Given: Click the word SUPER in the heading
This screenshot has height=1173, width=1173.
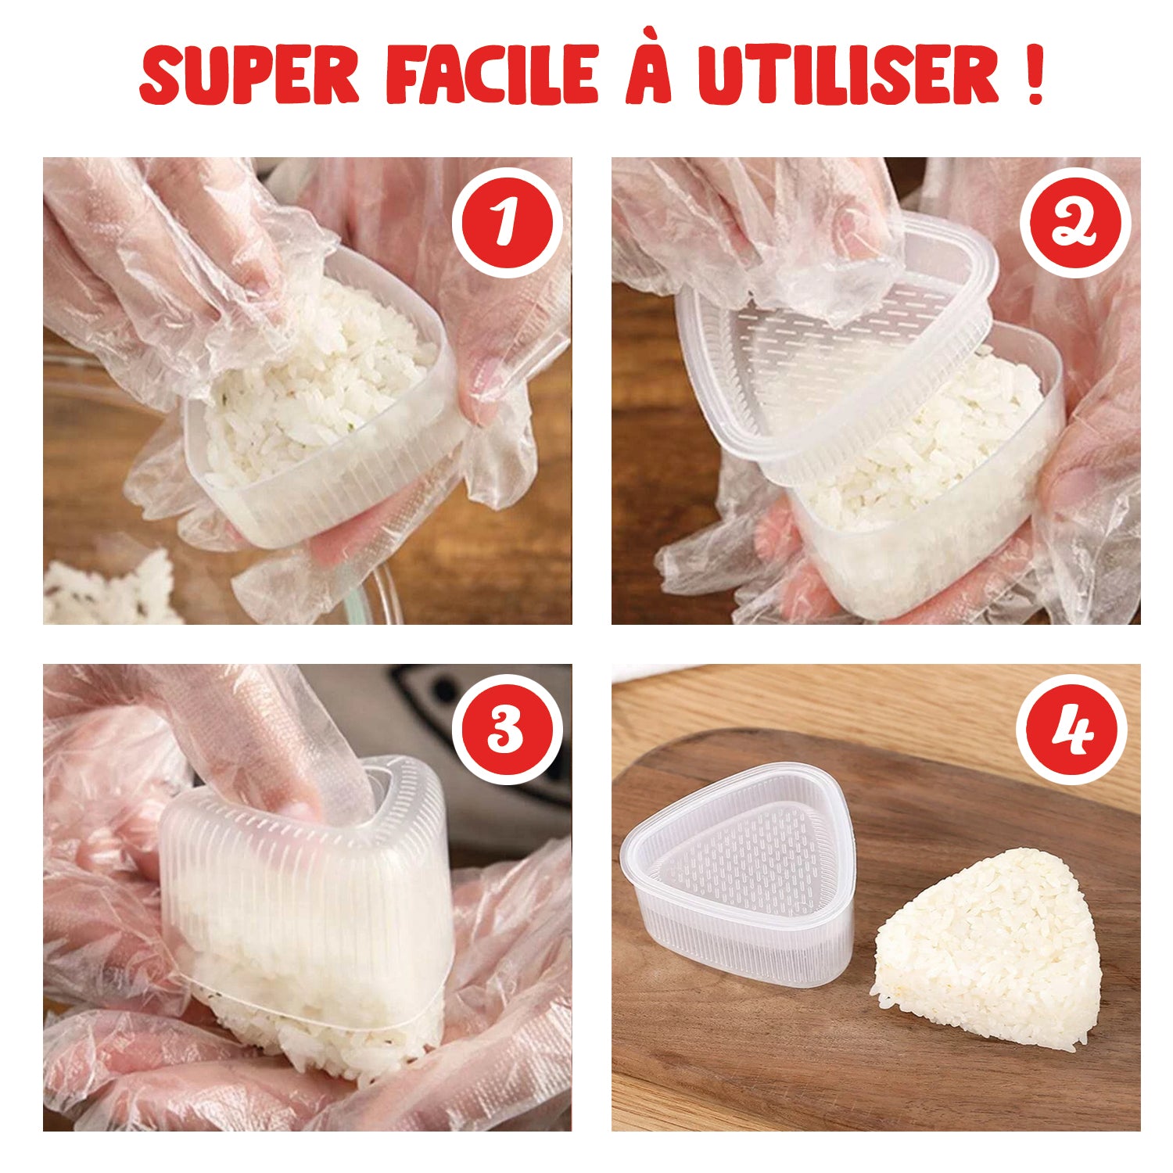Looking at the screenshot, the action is (249, 75).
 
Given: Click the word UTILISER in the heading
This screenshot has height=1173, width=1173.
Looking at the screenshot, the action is (848, 75).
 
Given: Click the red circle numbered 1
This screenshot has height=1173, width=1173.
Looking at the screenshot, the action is (507, 223).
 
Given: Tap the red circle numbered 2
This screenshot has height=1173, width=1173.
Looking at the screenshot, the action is (1075, 223).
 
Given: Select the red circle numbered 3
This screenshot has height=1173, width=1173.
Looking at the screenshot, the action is (507, 729).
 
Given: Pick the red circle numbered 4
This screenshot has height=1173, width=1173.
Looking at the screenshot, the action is (1071, 730).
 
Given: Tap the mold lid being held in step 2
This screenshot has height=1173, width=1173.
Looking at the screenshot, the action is (837, 344).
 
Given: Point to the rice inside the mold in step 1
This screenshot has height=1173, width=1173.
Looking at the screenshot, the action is (321, 375).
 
